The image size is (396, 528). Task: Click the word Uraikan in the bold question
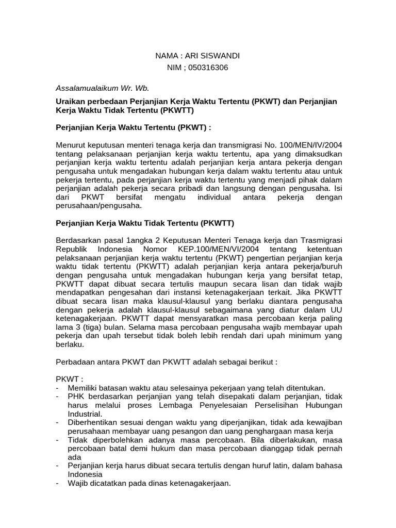point(70,101)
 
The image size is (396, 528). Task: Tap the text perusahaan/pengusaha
point(98,205)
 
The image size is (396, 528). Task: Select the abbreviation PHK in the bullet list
point(76,396)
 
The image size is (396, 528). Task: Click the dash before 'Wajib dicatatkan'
point(57,483)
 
